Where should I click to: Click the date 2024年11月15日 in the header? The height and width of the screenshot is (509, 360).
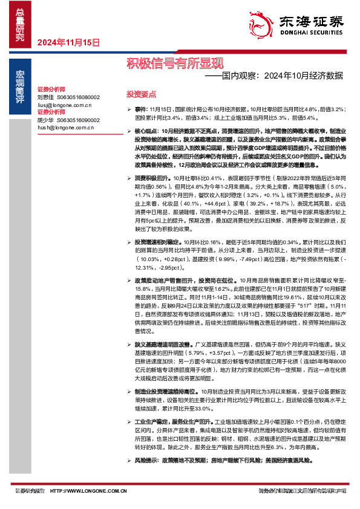68,42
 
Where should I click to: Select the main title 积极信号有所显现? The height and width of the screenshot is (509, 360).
174,63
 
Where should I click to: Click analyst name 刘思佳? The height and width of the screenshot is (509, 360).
45,97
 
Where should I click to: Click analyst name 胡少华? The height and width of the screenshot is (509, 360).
45,120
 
